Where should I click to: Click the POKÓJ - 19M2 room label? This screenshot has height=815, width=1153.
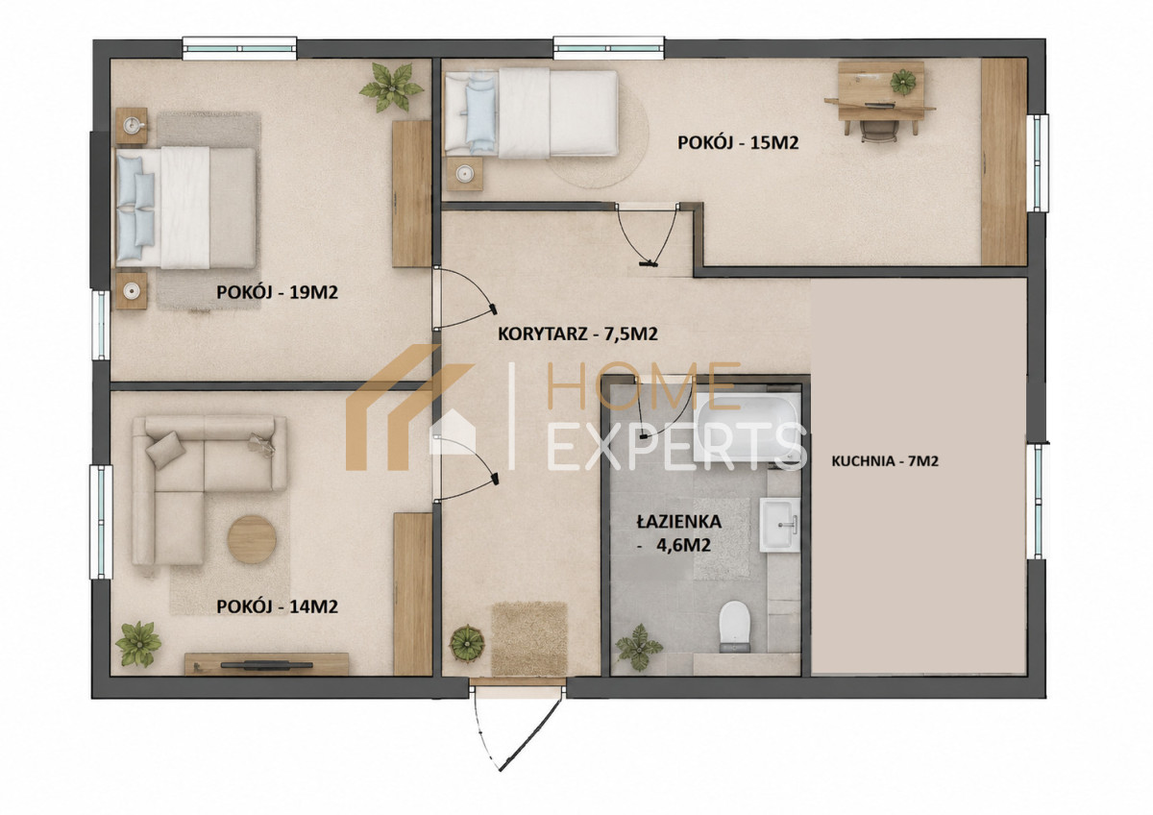[x=277, y=292]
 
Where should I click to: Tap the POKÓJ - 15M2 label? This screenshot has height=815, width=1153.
[x=738, y=142]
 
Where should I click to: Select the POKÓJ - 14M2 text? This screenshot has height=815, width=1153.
[x=277, y=607]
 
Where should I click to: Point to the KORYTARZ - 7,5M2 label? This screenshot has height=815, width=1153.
[x=577, y=334]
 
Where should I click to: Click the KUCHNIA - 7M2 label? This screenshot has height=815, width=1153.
[x=885, y=460]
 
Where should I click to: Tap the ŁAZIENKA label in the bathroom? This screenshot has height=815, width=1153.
[x=679, y=522]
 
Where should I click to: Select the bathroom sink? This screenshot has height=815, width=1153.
[x=780, y=525]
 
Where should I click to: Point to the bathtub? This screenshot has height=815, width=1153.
[x=747, y=428]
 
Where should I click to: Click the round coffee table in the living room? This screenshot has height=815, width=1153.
[x=252, y=540]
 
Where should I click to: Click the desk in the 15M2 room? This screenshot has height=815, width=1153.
[x=880, y=98]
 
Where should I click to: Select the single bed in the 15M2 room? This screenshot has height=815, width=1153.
[x=530, y=113]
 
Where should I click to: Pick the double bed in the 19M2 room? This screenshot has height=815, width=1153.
[x=185, y=208]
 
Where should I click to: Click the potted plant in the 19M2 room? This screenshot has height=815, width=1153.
[x=392, y=87]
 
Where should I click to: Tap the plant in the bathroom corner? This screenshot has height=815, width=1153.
[x=639, y=647]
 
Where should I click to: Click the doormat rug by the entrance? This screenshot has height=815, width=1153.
[x=529, y=638]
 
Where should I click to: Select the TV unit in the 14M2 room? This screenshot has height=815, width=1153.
[x=267, y=664]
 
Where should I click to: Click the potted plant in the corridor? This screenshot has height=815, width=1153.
[x=467, y=643]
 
